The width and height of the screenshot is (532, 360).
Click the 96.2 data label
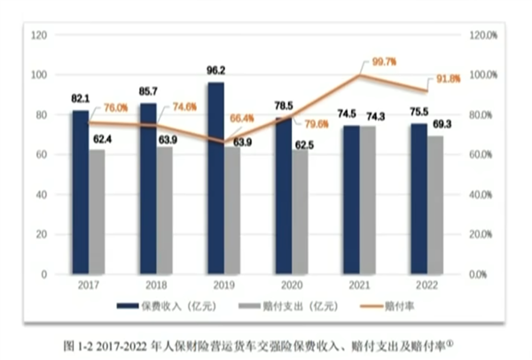tap(215, 70)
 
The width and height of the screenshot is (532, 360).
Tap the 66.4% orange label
tap(243, 118)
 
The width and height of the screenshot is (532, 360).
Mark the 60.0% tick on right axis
tap(480, 154)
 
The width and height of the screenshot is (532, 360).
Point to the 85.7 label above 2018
tap(148, 91)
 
